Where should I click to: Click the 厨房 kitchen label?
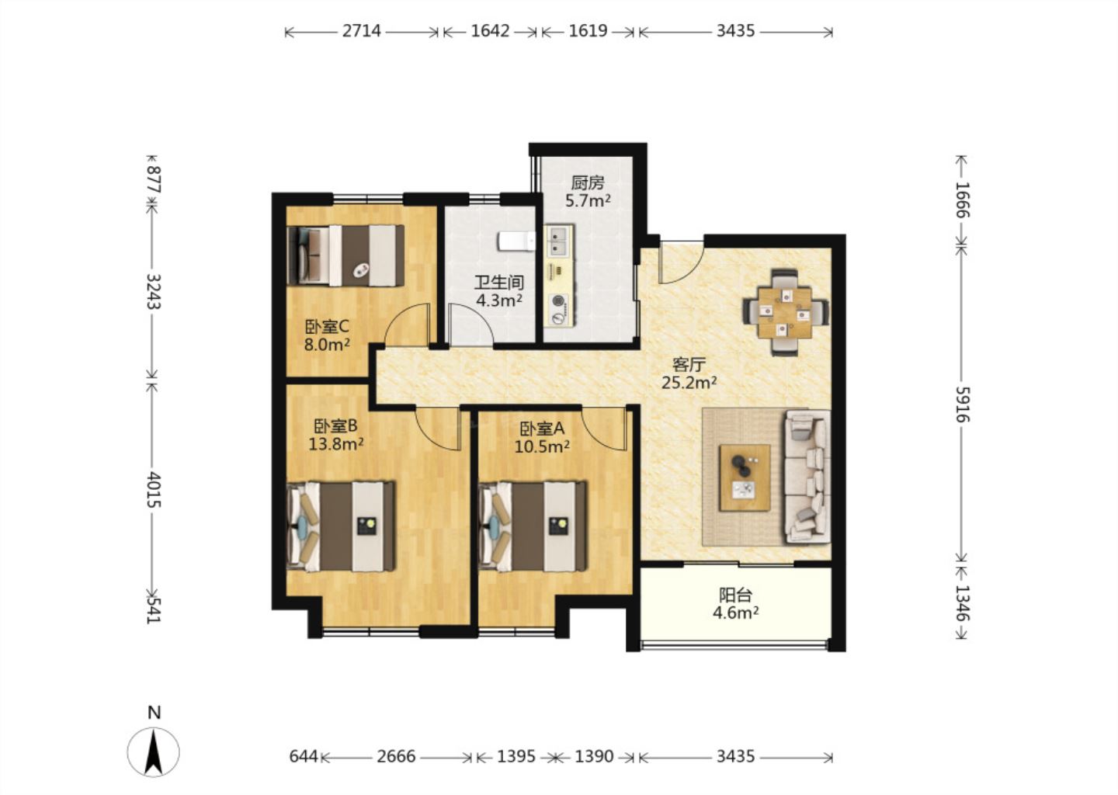point(588,183)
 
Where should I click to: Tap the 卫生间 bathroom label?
point(499,283)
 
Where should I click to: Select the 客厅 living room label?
point(689,365)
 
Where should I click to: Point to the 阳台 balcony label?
point(736,595)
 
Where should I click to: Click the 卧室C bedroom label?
point(327,327)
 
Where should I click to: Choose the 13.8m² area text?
point(336,443)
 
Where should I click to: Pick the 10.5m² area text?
point(542,446)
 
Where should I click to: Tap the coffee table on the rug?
point(744,477)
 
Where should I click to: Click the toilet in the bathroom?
point(516,241)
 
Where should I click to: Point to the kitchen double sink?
point(559,241)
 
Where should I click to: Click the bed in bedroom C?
point(345,255)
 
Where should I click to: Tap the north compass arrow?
point(153,752)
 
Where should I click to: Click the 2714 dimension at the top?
point(361,31)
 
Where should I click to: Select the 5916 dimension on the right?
point(962,404)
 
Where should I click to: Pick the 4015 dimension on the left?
point(154,490)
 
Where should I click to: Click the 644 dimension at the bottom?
point(304,757)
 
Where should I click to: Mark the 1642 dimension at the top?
point(490,31)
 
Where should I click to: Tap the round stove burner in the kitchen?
point(559,301)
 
